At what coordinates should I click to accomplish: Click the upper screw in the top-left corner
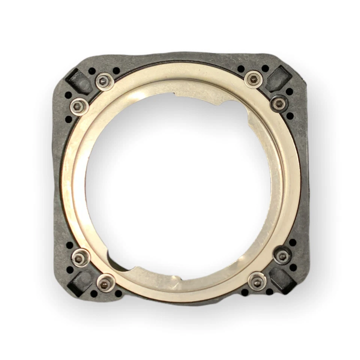tap(104, 81)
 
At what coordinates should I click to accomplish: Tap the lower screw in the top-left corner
tap(79, 107)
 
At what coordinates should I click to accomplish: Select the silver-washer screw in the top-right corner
tap(254, 79)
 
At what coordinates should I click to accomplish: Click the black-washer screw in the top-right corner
tap(279, 103)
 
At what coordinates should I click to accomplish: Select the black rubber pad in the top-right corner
tap(280, 78)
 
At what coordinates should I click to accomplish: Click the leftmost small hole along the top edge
tap(92, 70)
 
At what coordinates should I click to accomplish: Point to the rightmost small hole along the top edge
tap(265, 68)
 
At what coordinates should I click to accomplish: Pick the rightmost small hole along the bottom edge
tap(269, 292)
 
